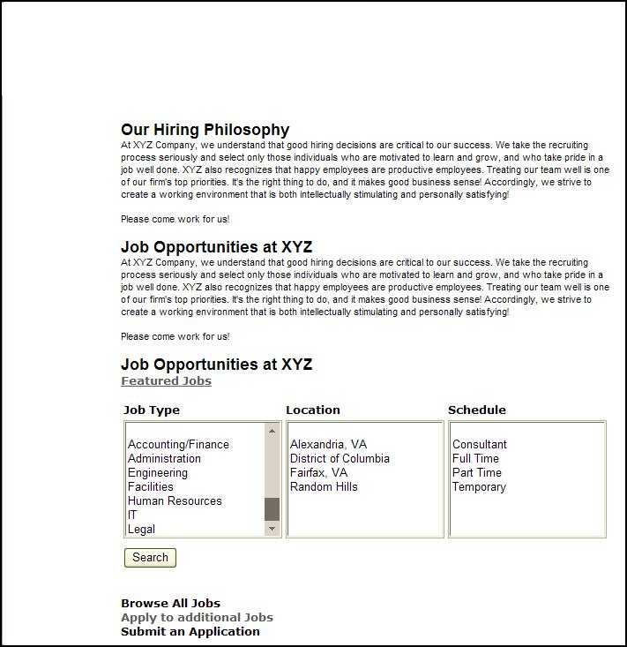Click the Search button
[x=150, y=558]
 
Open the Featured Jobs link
[x=166, y=381]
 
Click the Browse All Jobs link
[x=170, y=604]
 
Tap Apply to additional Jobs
[x=197, y=618]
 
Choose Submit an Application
[x=190, y=632]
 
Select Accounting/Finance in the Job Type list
[x=178, y=445]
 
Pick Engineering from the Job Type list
[x=158, y=473]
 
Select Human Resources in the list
[x=175, y=501]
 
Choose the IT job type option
[x=133, y=515]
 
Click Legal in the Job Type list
[x=141, y=530]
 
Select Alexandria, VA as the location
[x=328, y=445]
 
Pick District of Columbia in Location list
[x=340, y=459]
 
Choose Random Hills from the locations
[x=324, y=487]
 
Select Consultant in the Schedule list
[x=480, y=445]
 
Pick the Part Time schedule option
[x=477, y=473]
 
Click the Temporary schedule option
[x=479, y=487]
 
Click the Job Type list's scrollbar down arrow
[x=272, y=529]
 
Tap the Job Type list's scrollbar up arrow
[x=272, y=432]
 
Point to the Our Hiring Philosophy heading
[x=205, y=130]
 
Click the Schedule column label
[x=477, y=410]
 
